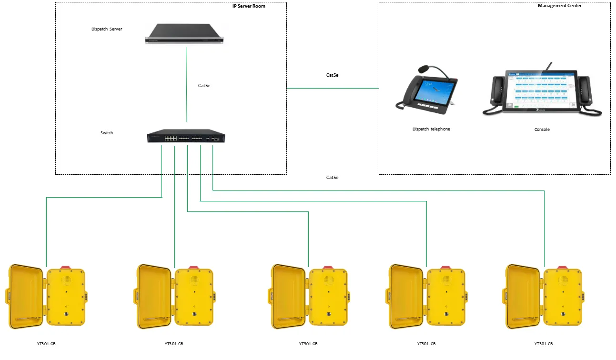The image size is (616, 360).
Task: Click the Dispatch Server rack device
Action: point(184,34)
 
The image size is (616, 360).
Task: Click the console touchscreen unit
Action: point(542,92)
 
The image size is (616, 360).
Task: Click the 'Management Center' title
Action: point(559,6)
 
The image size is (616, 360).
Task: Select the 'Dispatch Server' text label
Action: point(107,29)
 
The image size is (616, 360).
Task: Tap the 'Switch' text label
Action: point(107,133)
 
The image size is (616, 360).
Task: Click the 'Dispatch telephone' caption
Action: point(431,129)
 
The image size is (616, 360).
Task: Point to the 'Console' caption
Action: point(542,130)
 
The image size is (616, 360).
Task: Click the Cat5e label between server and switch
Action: point(204,86)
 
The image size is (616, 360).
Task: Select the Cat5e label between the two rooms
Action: point(332,75)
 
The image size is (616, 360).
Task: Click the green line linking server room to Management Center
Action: point(333,89)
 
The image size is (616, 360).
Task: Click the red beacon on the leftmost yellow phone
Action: point(66,267)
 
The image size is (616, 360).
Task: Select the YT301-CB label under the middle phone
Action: point(308,344)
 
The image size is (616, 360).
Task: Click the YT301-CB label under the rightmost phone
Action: point(544,344)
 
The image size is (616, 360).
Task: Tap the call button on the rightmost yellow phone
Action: point(563,314)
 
